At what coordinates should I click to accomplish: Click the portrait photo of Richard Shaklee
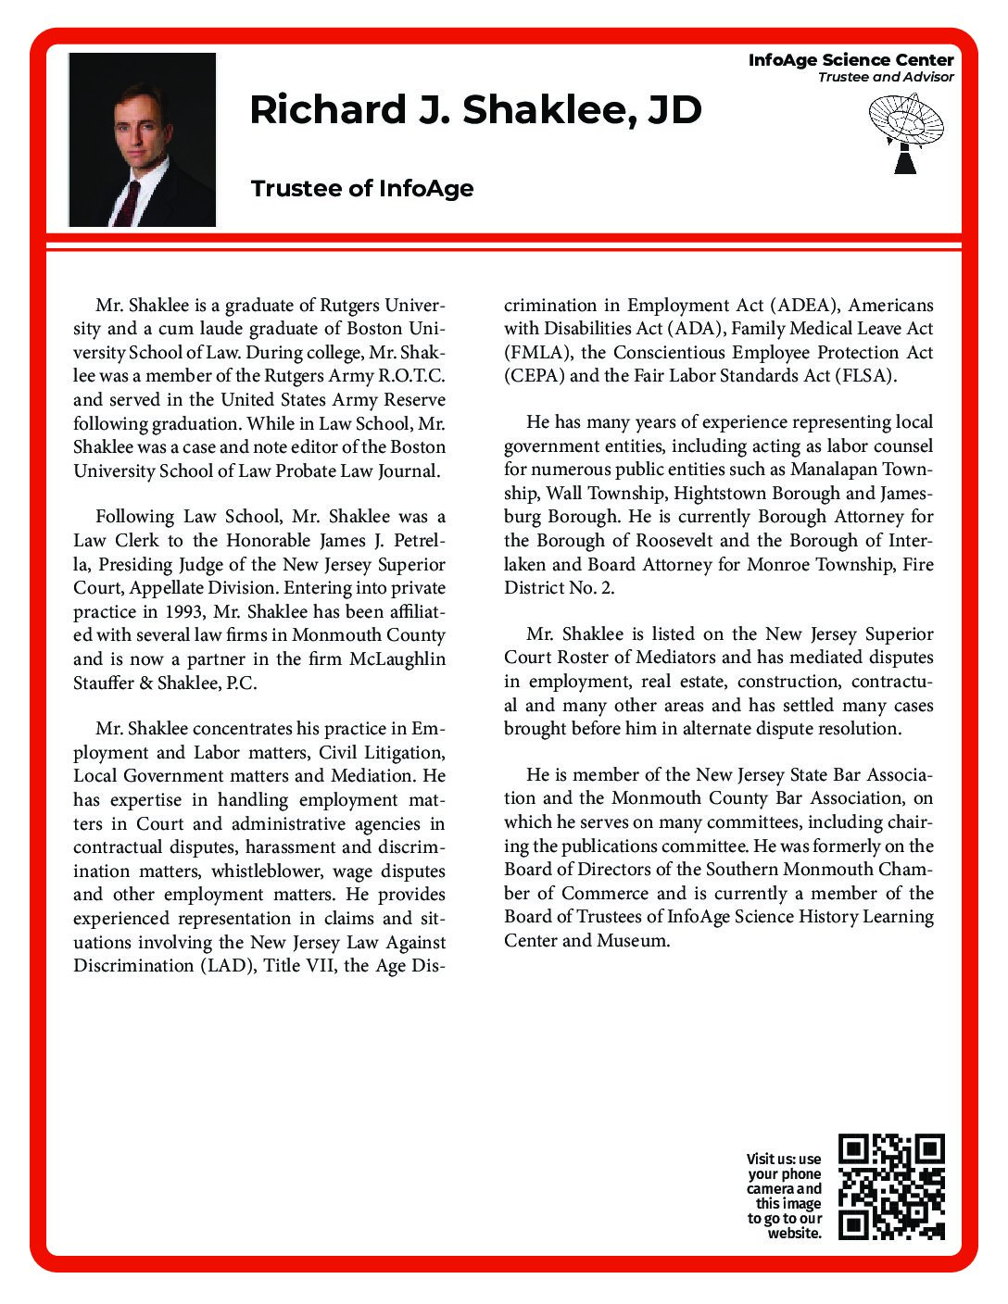142,140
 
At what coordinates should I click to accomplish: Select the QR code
890,1186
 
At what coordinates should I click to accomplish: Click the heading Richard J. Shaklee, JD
475,110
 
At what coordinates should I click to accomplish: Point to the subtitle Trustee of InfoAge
362,189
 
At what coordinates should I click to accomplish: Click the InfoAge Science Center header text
850,60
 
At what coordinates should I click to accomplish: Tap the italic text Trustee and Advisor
885,77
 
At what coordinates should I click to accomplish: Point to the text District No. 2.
559,588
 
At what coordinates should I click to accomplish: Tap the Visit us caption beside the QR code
784,1196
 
